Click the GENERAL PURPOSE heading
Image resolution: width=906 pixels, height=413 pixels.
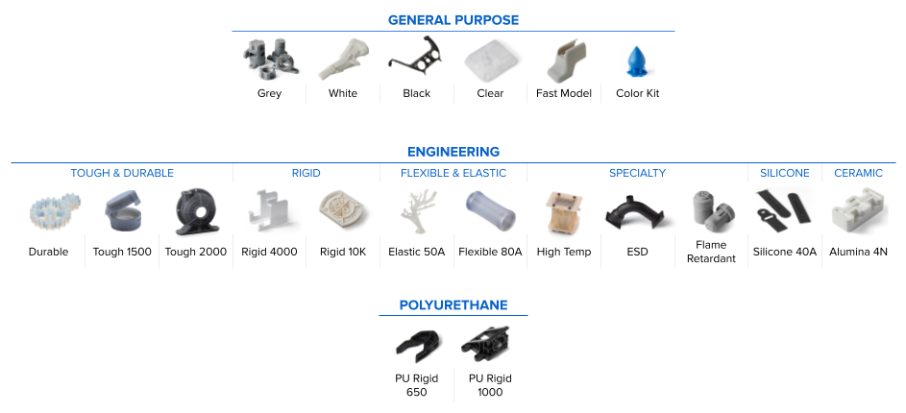(453, 20)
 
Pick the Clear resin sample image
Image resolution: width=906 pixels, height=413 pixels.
(490, 61)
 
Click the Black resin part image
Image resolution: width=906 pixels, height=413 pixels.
(416, 61)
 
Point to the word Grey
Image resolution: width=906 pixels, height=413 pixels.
(269, 93)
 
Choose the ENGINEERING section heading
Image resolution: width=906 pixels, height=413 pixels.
(453, 152)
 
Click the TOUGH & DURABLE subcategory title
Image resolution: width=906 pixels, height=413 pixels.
(122, 174)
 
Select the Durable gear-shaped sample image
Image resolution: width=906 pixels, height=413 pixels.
(48, 212)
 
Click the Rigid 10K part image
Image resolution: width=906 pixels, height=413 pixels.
(343, 211)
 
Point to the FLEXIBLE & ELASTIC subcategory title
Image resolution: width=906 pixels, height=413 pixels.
(453, 174)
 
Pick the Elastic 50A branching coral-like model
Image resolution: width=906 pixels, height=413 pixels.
(416, 211)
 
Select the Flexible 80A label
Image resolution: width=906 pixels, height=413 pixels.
(490, 252)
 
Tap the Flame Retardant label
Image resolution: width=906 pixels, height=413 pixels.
(711, 252)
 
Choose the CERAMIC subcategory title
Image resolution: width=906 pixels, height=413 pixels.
(858, 174)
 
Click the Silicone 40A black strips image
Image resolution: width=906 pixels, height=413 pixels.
(784, 209)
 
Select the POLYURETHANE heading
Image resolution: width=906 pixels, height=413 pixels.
(453, 305)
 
